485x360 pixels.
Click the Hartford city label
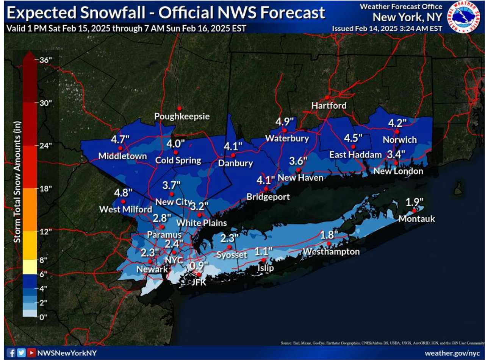[329, 106]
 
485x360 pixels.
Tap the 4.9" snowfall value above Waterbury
[285, 122]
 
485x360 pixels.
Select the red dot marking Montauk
[414, 210]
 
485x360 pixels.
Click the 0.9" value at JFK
[199, 265]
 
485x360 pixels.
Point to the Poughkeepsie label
[182, 117]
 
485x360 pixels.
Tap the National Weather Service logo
[463, 17]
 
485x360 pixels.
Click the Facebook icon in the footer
[12, 353]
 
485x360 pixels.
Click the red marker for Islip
[264, 260]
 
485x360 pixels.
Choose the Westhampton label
[331, 252]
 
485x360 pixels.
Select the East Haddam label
[349, 154]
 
